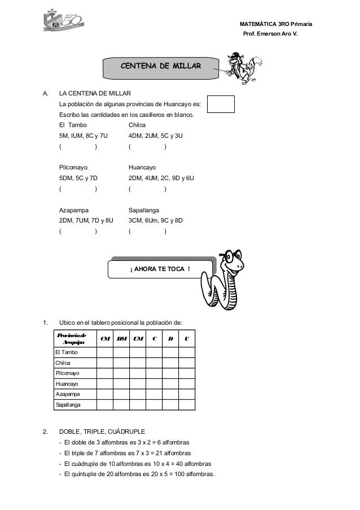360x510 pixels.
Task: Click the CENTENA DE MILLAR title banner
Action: (x=160, y=67)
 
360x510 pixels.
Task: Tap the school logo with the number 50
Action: (x=62, y=23)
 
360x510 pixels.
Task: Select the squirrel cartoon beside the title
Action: (x=239, y=66)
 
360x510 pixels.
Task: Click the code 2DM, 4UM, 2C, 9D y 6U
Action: (x=161, y=178)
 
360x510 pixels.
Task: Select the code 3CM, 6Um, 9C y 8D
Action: (x=159, y=220)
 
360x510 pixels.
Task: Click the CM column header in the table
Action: (x=104, y=339)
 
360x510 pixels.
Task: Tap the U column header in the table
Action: (x=187, y=339)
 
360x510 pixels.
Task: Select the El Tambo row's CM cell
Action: (x=104, y=352)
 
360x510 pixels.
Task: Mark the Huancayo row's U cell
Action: (x=187, y=384)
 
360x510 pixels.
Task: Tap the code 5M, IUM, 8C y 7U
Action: (x=84, y=136)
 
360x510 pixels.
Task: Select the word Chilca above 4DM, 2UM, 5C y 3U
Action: (x=138, y=125)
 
